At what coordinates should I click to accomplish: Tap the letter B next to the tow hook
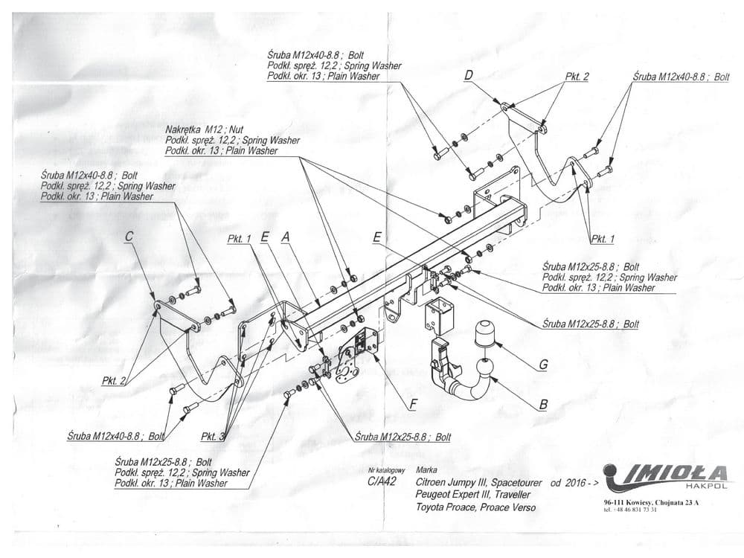(544, 405)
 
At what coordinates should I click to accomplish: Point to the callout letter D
(469, 75)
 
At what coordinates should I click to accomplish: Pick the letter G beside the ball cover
(544, 365)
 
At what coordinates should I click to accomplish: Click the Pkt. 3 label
(212, 436)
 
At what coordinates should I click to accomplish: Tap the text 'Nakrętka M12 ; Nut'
(199, 129)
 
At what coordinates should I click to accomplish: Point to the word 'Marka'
(428, 470)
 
